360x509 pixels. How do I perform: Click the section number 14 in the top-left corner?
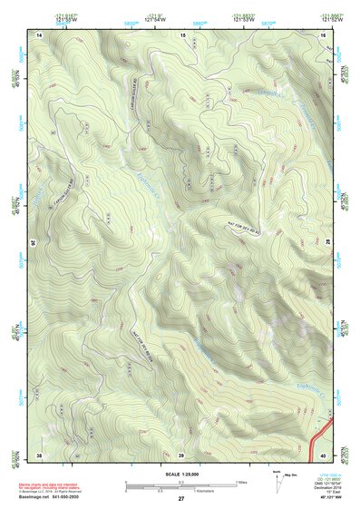point(39,34)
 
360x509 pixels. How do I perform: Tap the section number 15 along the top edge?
point(182,34)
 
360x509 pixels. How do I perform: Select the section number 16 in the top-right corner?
point(324,34)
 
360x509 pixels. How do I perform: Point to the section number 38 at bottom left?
point(39,454)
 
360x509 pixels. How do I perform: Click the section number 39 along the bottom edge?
point(180,454)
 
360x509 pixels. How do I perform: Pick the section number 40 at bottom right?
point(324,454)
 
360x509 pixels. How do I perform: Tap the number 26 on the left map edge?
point(35,243)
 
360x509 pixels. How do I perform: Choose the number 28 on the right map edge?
point(327,243)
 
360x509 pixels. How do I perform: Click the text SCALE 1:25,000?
point(180,474)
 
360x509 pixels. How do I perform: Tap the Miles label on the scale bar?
point(241,481)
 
